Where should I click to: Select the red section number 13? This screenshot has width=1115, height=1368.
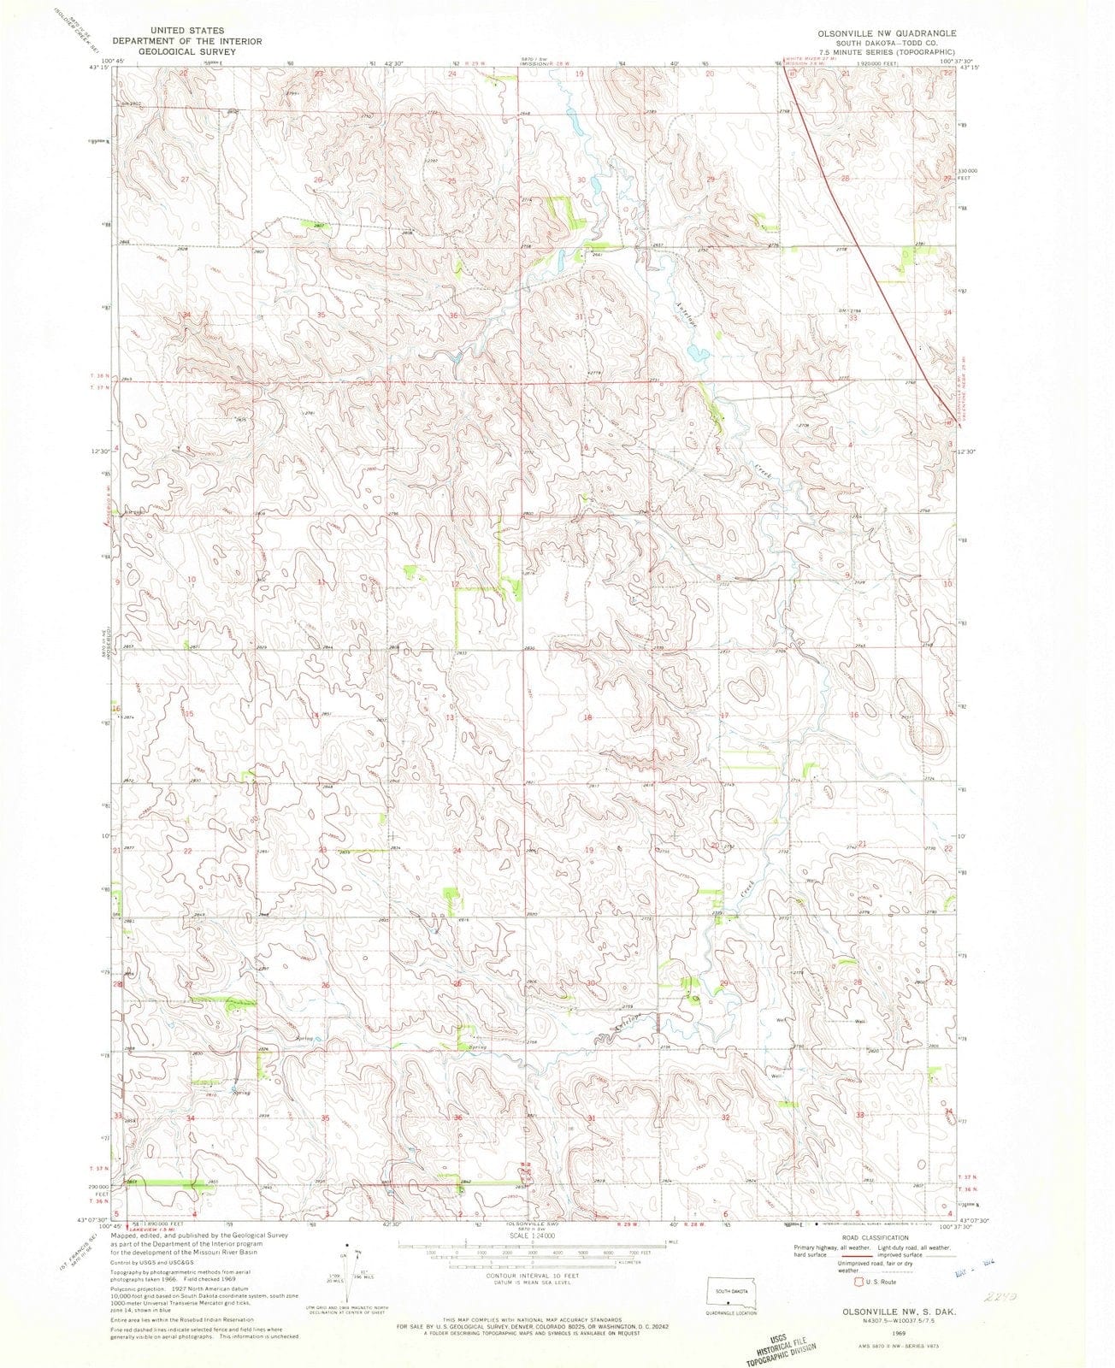point(449,716)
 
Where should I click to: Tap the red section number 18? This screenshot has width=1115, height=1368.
point(587,717)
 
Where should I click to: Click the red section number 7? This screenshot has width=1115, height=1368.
point(588,585)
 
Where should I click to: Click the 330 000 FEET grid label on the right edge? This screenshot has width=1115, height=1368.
point(974,174)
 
